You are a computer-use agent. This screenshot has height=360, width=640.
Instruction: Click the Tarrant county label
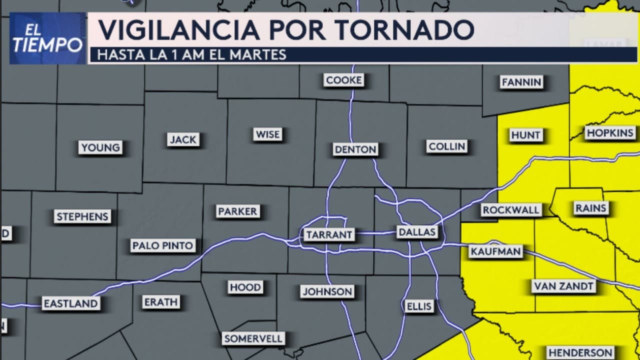329,234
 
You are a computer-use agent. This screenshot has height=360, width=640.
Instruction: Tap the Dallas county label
417,232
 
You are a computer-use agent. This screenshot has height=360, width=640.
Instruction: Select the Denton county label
355,149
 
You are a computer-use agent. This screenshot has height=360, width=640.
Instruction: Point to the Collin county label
447,146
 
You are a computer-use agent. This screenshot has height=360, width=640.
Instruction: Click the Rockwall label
511,210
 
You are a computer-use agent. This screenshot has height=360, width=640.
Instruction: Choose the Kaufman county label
495,251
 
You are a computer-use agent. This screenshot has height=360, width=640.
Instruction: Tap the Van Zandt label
563,286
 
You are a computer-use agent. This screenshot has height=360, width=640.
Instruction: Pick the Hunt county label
525,135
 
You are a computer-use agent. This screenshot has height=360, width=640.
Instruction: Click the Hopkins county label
610,133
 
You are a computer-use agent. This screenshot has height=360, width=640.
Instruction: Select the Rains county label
590,208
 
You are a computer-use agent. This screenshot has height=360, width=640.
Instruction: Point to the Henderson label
580,352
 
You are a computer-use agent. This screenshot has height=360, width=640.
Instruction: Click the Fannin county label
521,82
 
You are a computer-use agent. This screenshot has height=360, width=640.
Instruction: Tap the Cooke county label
343,80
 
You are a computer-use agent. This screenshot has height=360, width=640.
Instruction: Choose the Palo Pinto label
163,246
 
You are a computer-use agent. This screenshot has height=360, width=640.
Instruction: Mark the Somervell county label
253,338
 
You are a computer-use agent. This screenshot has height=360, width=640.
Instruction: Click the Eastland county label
70,303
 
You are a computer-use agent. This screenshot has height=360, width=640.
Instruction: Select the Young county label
100,147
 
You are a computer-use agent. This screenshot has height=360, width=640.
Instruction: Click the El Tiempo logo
47,38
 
